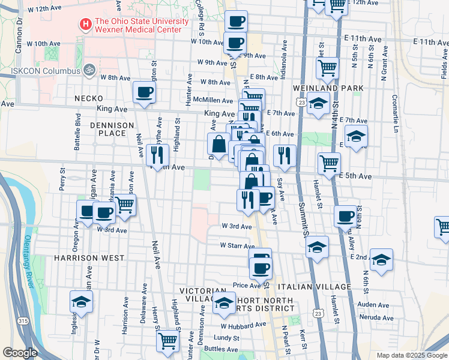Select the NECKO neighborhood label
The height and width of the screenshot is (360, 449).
pyautogui.click(x=89, y=98)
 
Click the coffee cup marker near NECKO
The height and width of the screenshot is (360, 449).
pyautogui.click(x=143, y=92)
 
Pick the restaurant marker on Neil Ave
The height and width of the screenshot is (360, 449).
pyautogui.click(x=157, y=155)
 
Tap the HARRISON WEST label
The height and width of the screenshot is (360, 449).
pyautogui.click(x=89, y=258)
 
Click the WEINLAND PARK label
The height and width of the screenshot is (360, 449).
pyautogui.click(x=328, y=88)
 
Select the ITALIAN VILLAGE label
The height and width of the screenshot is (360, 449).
pyautogui.click(x=318, y=287)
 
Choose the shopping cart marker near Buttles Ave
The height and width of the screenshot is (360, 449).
pyautogui.click(x=168, y=340)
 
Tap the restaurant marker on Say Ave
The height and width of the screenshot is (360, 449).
pyautogui.click(x=284, y=155)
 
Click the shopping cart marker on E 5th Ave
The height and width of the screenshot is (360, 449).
pyautogui.click(x=329, y=163)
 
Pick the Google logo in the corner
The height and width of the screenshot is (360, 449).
pyautogui.click(x=20, y=353)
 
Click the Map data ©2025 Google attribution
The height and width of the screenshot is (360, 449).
pyautogui.click(x=411, y=355)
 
